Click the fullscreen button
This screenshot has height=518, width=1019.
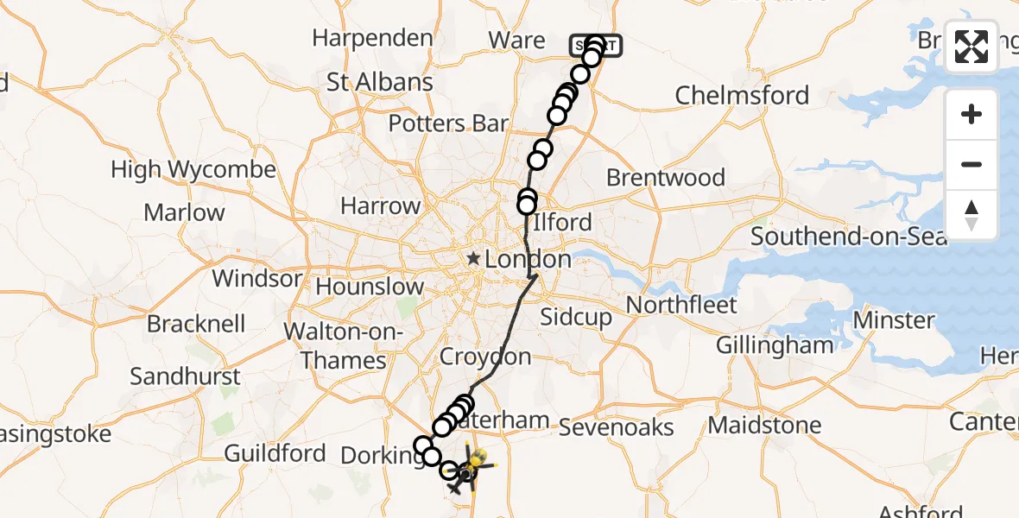pyautogui.click(x=972, y=47)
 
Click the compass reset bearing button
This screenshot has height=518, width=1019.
pyautogui.click(x=972, y=214)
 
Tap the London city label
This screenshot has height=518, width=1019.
pyautogui.click(x=528, y=259)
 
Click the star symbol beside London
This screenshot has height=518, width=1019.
pyautogui.click(x=474, y=258)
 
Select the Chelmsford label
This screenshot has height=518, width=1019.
pyautogui.click(x=742, y=95)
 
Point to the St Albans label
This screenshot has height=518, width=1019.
pyautogui.click(x=380, y=83)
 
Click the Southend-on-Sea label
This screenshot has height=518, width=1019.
pyautogui.click(x=849, y=236)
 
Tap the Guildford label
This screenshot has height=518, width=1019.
pyautogui.click(x=275, y=453)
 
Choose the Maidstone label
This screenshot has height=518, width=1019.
pyautogui.click(x=764, y=425)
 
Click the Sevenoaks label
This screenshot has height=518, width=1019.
pyautogui.click(x=616, y=426)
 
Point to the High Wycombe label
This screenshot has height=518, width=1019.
pyautogui.click(x=193, y=170)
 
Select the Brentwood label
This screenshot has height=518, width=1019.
pyautogui.click(x=665, y=178)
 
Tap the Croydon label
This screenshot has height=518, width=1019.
pyautogui.click(x=485, y=357)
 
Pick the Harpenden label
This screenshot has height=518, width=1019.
pyautogui.click(x=372, y=38)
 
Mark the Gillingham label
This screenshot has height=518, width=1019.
pyautogui.click(x=775, y=345)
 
